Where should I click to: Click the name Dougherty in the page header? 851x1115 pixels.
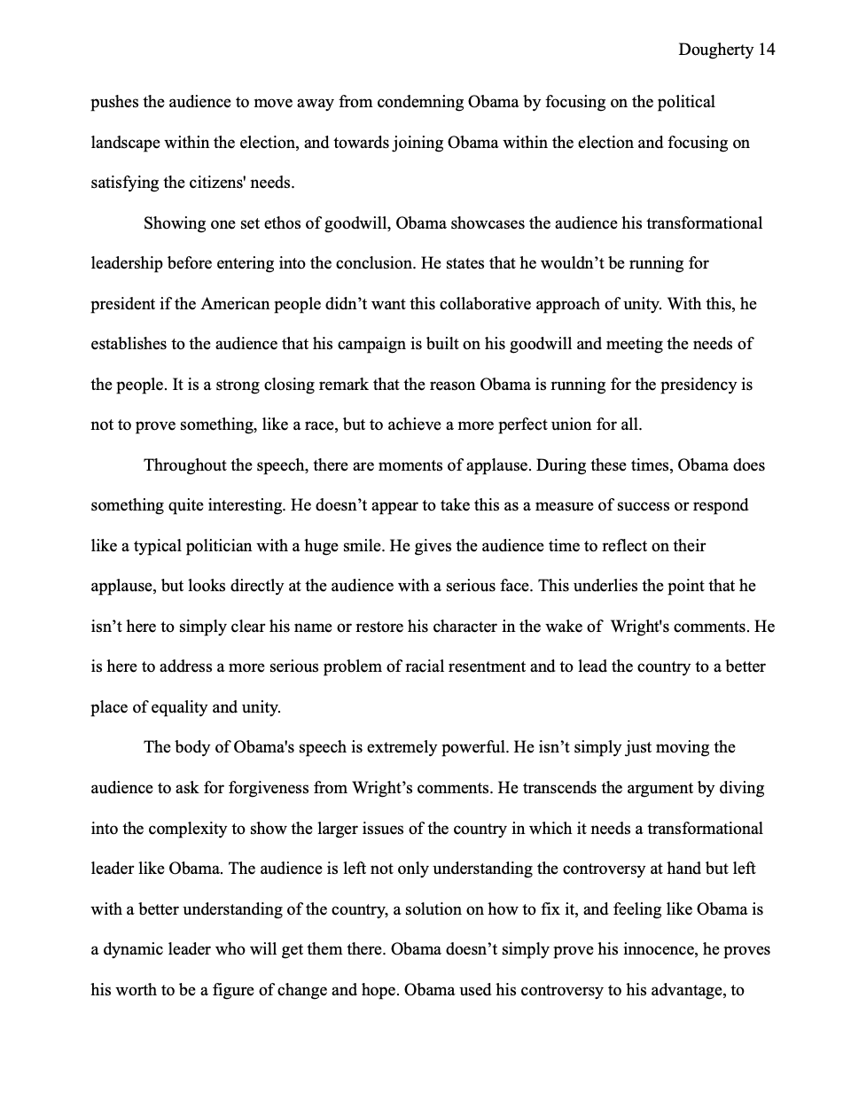coord(716,50)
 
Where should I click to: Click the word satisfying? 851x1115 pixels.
coord(126,183)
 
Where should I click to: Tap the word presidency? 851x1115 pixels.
coord(698,385)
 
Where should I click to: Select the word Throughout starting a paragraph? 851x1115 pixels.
coord(187,465)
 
